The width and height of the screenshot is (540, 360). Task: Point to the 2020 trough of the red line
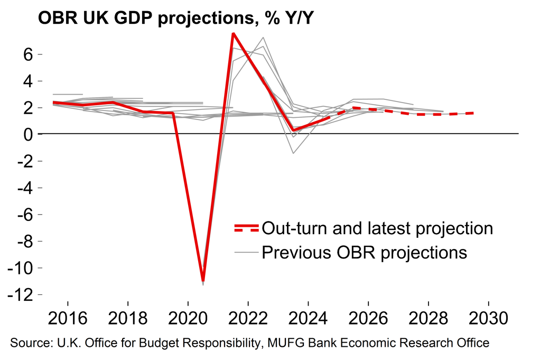(203, 281)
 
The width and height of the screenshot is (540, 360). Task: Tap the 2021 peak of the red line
(233, 33)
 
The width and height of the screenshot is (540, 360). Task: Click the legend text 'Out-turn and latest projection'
(377, 228)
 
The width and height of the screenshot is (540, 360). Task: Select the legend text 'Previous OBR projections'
(365, 252)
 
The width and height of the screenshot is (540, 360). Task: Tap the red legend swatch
(246, 228)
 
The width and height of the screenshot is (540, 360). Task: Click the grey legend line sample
(246, 252)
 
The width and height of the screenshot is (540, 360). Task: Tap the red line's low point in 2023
(293, 130)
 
